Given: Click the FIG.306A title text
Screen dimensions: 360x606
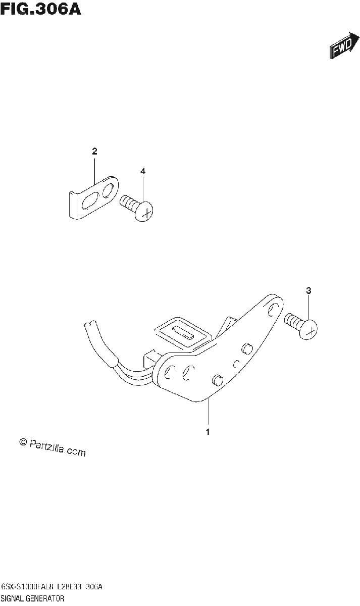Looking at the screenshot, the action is pyautogui.click(x=40, y=9).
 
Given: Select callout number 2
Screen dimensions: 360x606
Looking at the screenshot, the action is pyautogui.click(x=94, y=151).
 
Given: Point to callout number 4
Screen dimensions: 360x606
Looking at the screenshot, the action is pyautogui.click(x=143, y=171).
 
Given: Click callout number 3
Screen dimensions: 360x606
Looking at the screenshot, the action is pyautogui.click(x=308, y=290).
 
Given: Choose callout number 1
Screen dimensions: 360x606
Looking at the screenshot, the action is pyautogui.click(x=208, y=432).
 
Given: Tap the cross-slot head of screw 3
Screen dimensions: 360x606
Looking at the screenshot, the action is pyautogui.click(x=308, y=329).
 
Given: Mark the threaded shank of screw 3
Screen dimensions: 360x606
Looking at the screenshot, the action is pyautogui.click(x=293, y=321).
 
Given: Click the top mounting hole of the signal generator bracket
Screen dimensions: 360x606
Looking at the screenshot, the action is pyautogui.click(x=273, y=309).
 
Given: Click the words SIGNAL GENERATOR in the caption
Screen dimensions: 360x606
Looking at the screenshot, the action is pyautogui.click(x=33, y=598).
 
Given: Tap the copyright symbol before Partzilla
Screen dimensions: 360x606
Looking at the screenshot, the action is pyautogui.click(x=24, y=442).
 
